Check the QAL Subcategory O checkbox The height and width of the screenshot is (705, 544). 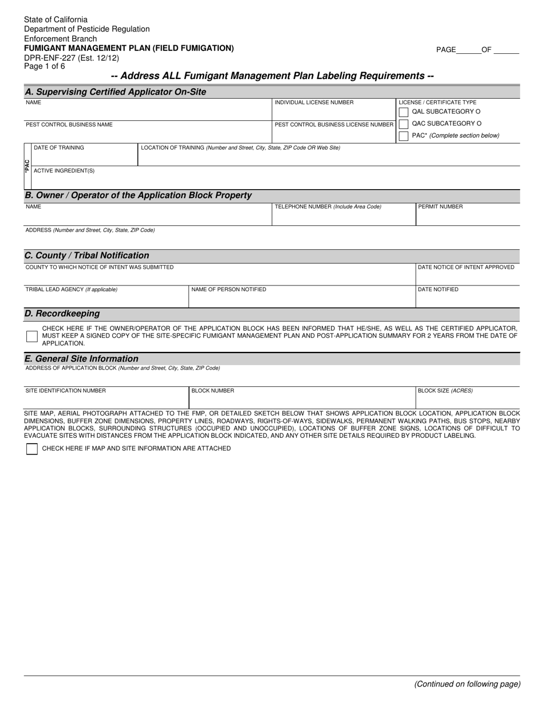point(404,112)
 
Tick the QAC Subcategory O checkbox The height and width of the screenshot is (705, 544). point(404,124)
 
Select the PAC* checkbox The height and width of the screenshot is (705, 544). point(404,136)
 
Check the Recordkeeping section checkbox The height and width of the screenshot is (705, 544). point(32,336)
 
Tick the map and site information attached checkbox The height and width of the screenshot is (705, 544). point(32,449)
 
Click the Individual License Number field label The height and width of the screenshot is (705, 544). point(314,103)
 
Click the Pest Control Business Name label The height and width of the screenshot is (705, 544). point(69,124)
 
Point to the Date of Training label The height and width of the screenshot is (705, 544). point(59,148)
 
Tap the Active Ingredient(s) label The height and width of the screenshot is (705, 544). point(64,171)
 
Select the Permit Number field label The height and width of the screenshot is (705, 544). point(440,207)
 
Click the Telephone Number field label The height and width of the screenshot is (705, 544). point(328,207)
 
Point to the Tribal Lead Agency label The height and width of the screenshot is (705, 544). point(71,289)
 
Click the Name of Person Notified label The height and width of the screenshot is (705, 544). point(228,289)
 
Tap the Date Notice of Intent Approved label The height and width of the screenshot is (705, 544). point(466,267)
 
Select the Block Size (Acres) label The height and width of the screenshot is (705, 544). point(445,391)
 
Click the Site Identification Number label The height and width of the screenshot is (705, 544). point(65,391)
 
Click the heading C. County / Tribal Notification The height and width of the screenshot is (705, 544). point(86,256)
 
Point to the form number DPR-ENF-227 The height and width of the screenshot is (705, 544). point(72,58)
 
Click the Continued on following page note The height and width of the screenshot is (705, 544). point(467,684)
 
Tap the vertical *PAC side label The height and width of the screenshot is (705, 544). point(27,166)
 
